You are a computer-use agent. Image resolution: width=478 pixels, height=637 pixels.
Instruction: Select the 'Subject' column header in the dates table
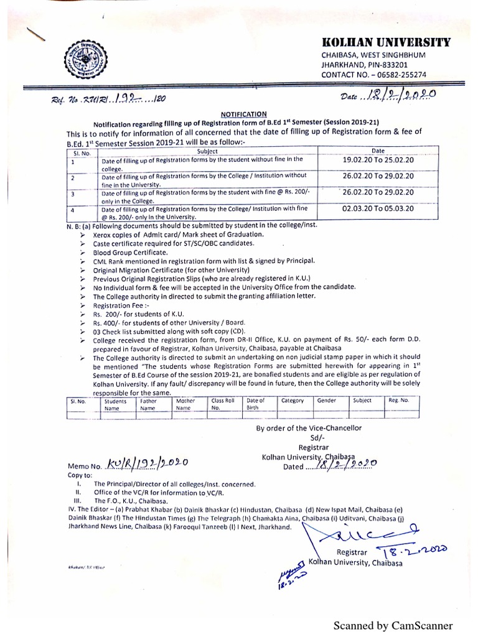pyautogui.click(x=207, y=151)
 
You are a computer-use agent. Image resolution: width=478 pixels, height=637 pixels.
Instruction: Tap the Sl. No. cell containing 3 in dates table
pyautogui.click(x=73, y=193)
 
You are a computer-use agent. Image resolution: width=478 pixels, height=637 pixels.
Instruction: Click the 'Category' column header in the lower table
pyautogui.click(x=292, y=401)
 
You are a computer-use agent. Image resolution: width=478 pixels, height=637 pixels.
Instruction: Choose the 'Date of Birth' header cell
pyautogui.click(x=256, y=404)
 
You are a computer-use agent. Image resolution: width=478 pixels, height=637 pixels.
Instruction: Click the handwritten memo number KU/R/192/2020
pyautogui.click(x=143, y=463)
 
